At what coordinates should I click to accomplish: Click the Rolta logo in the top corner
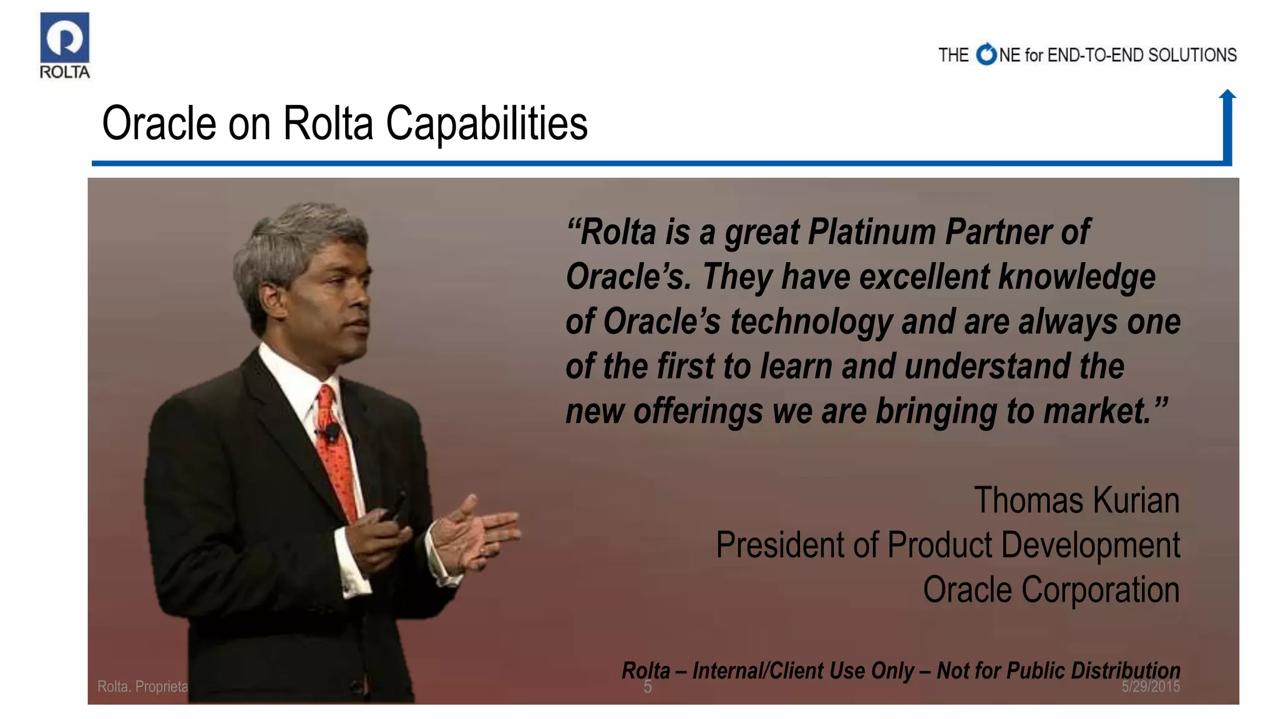[x=64, y=46]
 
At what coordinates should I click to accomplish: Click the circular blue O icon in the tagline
[x=987, y=55]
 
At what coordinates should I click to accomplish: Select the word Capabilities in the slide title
[x=487, y=123]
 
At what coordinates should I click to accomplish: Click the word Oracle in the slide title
[x=159, y=123]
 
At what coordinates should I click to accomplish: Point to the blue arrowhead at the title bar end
[x=1227, y=94]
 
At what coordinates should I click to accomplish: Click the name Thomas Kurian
[x=1076, y=501]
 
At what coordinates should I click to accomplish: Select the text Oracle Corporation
[x=1051, y=590]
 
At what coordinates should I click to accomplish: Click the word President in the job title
[x=780, y=545]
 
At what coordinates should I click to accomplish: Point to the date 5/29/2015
[x=1150, y=687]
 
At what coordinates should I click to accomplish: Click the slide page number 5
[x=648, y=687]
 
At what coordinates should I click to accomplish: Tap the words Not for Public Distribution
[x=1058, y=670]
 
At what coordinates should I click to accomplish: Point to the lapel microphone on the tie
[x=333, y=431]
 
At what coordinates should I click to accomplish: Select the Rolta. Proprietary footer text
[x=142, y=687]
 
